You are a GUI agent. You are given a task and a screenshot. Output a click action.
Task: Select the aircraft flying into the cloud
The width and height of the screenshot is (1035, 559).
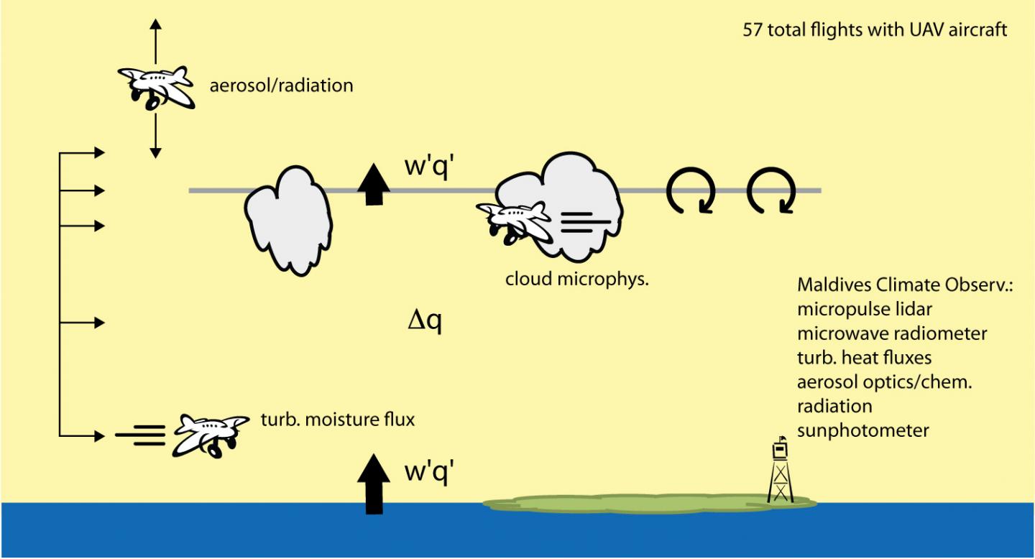click(x=513, y=218)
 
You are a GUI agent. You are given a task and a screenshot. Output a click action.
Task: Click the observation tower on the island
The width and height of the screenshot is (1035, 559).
click(x=779, y=471)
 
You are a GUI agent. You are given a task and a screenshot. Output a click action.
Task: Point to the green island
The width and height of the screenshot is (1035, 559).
click(x=647, y=502)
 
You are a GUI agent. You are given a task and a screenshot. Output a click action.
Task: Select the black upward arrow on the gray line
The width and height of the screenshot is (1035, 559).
click(x=373, y=184)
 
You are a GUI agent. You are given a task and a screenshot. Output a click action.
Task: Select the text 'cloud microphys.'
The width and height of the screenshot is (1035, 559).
click(x=577, y=279)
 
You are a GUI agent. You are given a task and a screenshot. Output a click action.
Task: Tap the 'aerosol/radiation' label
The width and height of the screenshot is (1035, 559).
click(x=281, y=86)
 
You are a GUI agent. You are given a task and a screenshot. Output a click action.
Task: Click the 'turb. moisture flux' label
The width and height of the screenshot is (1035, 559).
click(x=337, y=419)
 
